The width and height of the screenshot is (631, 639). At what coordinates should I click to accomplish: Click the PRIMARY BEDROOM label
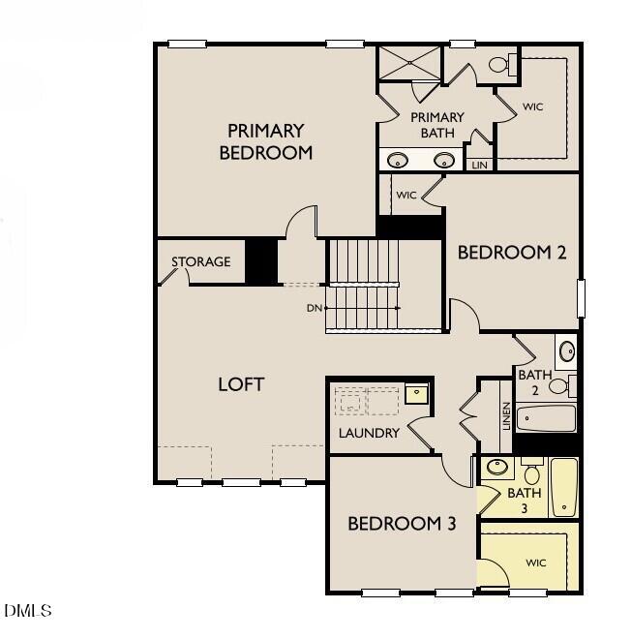[x=266, y=141]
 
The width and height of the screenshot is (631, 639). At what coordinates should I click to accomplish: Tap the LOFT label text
[x=241, y=384]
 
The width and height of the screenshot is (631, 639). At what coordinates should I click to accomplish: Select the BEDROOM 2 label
[x=511, y=253]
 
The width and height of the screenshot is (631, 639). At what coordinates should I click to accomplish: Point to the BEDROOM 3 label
[x=402, y=524]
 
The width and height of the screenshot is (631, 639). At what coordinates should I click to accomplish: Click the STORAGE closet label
[x=201, y=262]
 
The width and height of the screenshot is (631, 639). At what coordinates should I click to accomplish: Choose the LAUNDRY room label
[x=369, y=433]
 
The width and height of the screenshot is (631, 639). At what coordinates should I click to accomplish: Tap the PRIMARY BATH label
[x=437, y=125]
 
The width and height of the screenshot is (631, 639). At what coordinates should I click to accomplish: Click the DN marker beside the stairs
[x=313, y=308]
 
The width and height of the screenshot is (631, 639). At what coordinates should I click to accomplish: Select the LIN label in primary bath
[x=479, y=166]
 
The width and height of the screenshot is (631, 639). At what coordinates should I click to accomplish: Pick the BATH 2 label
[x=534, y=382]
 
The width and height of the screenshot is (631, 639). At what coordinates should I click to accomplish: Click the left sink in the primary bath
[x=398, y=160]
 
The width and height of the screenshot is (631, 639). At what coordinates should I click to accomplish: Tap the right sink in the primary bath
[x=444, y=160]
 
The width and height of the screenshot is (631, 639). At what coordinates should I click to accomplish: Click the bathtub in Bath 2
[x=546, y=418]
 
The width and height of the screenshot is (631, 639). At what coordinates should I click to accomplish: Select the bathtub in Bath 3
[x=564, y=488]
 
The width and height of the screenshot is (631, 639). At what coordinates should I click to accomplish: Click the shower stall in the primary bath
[x=408, y=63]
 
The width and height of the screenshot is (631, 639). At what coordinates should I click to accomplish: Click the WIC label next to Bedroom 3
[x=536, y=563]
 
